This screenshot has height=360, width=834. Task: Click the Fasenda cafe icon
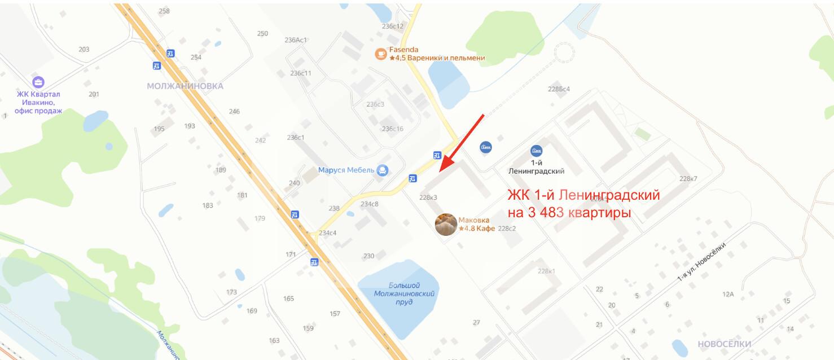[381, 54]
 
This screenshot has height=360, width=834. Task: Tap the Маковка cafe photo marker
[446, 224]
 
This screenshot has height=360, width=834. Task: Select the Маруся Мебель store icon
[383, 170]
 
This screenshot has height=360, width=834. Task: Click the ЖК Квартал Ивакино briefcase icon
[38, 82]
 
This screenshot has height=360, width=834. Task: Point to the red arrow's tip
[440, 170]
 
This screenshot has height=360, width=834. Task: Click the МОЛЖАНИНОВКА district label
[185, 86]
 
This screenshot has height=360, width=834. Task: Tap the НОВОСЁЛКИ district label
[724, 344]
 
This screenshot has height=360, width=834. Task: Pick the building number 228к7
[688, 179]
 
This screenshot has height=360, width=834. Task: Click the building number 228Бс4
[559, 89]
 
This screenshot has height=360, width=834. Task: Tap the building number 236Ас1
[296, 40]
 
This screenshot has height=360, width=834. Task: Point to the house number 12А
[728, 295]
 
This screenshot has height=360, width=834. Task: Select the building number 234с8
[370, 204]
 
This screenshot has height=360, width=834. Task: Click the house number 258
[164, 11]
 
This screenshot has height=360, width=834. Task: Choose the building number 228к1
[546, 271]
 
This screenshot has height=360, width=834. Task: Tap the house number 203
[84, 50]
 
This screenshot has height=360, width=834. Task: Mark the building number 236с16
[393, 129]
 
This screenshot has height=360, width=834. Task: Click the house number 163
[274, 340]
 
